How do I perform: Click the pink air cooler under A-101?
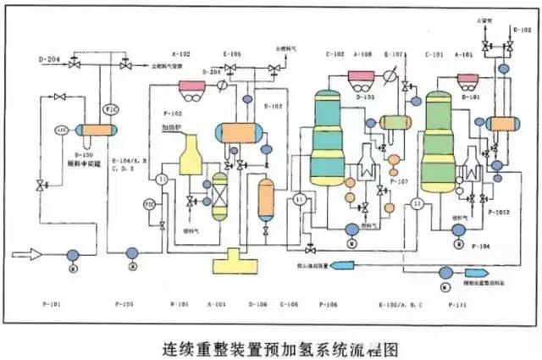pyautogui.click(x=467, y=82)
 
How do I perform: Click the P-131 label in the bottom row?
pyautogui.click(x=457, y=302)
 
